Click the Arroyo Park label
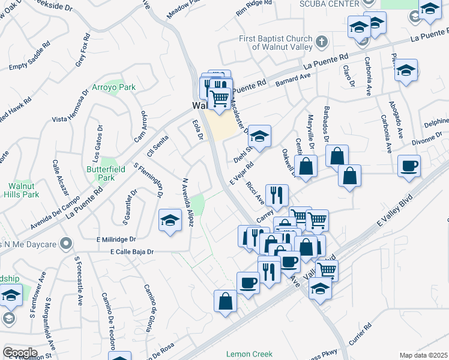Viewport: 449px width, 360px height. click(113, 87)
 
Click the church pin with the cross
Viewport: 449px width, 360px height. click(322, 42)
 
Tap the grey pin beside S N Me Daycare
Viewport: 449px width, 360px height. click(67, 244)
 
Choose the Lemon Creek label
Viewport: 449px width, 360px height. click(249, 354)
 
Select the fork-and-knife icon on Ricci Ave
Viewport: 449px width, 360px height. click(277, 193)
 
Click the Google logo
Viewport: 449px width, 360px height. click(20, 353)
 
